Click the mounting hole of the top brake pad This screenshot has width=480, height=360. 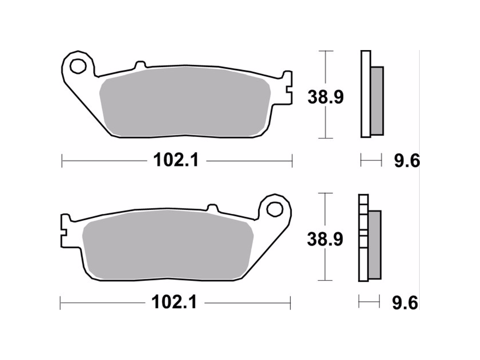[77, 66]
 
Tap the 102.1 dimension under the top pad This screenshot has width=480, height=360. [176, 160]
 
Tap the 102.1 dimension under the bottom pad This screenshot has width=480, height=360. [174, 302]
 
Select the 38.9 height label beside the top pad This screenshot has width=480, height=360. [325, 97]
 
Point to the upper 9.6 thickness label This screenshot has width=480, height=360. [406, 161]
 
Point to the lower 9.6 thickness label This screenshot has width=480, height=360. [405, 303]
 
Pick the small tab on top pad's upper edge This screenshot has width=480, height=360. [140, 65]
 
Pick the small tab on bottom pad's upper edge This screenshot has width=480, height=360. [212, 208]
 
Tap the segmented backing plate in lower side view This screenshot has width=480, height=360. [363, 238]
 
